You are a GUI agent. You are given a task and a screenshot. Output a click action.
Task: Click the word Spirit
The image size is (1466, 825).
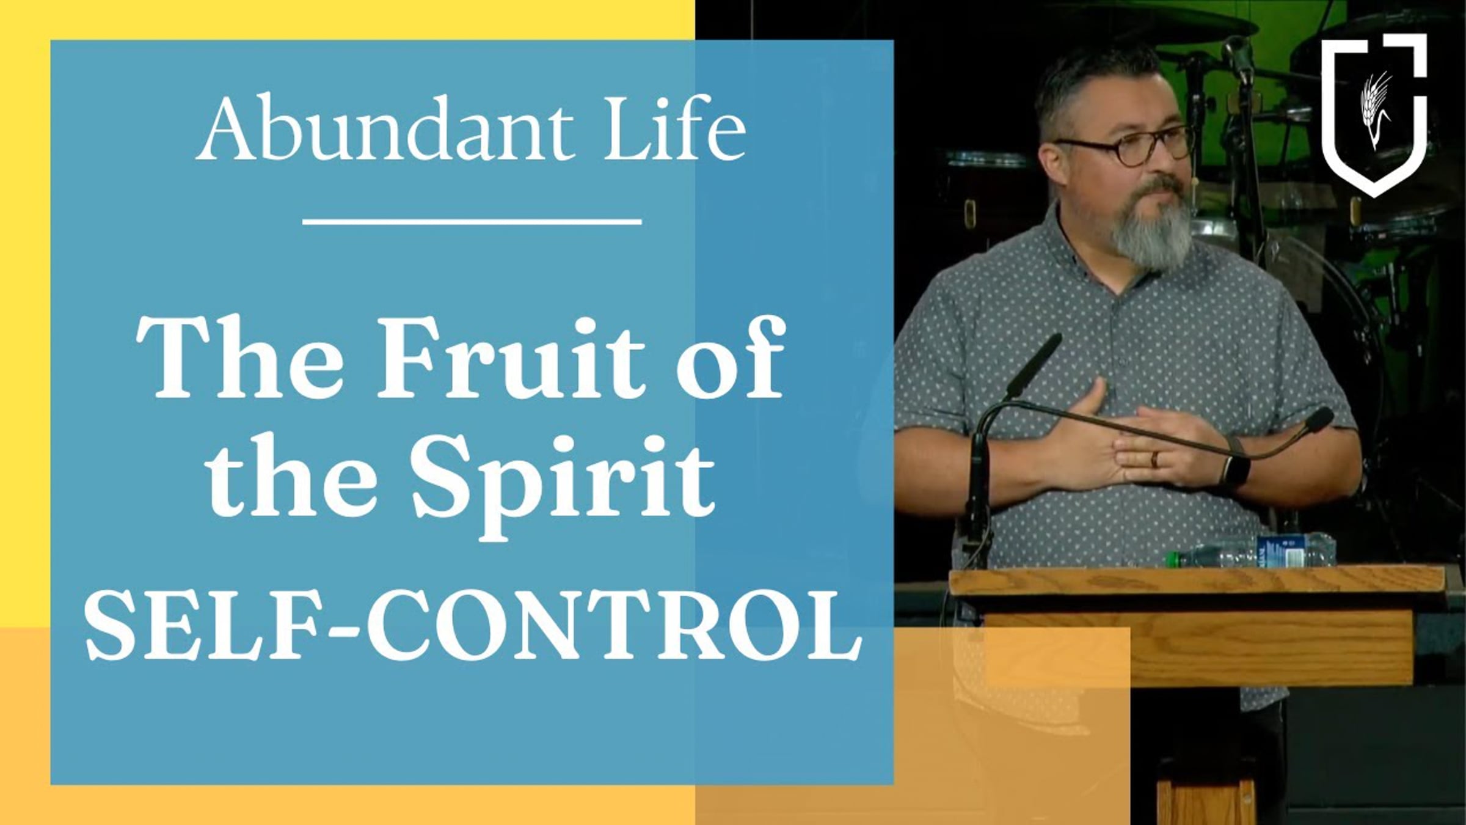click(563, 483)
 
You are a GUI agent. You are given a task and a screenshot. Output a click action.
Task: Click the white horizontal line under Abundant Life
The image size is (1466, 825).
click(472, 222)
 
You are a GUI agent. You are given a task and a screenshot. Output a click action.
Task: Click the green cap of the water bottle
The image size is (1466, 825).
click(1171, 558)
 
